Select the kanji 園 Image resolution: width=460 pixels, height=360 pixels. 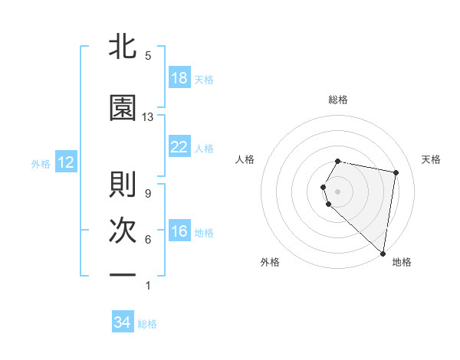pyautogui.click(x=123, y=108)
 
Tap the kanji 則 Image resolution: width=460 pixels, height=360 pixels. pyautogui.click(x=123, y=185)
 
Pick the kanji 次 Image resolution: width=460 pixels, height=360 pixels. pyautogui.click(x=123, y=231)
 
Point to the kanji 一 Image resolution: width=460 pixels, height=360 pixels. pyautogui.click(x=123, y=273)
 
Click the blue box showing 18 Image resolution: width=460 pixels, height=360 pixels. pyautogui.click(x=179, y=79)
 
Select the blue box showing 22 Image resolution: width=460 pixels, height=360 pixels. pyautogui.click(x=179, y=147)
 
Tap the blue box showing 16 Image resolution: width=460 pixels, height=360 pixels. pyautogui.click(x=179, y=232)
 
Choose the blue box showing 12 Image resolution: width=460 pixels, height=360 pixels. pyautogui.click(x=65, y=162)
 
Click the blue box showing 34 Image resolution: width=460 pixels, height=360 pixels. pyautogui.click(x=123, y=322)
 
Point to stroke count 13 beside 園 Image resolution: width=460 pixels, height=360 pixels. pyautogui.click(x=148, y=117)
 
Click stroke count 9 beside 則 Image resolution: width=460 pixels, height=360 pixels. pyautogui.click(x=147, y=193)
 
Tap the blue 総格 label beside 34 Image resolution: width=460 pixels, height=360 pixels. pyautogui.click(x=147, y=324)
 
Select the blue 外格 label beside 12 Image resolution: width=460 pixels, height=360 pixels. pyautogui.click(x=41, y=163)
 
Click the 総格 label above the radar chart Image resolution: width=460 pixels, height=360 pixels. pyautogui.click(x=338, y=100)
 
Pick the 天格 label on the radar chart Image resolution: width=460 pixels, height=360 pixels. pyautogui.click(x=432, y=159)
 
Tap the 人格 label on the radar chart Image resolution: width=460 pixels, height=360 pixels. pyautogui.click(x=245, y=159)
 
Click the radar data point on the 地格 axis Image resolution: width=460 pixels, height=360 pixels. pyautogui.click(x=383, y=253)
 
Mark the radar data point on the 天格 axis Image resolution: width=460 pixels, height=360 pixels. pyautogui.click(x=396, y=173)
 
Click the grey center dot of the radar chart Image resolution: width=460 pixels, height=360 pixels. pyautogui.click(x=338, y=191)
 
